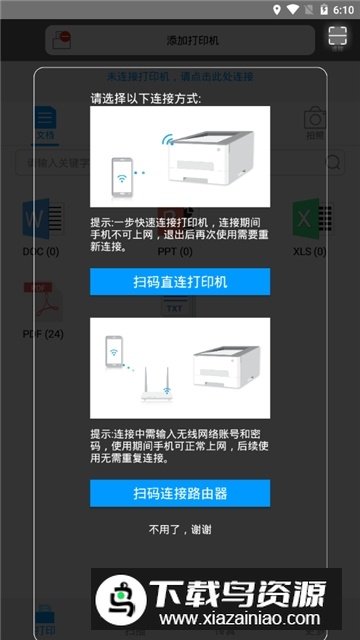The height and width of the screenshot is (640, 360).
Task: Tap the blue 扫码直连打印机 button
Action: click(180, 282)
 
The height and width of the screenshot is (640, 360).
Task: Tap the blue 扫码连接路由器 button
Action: click(180, 493)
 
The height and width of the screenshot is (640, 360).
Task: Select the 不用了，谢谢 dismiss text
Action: click(180, 529)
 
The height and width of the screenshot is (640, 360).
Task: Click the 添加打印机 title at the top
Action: click(192, 40)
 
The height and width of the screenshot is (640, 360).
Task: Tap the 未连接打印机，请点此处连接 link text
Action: click(180, 76)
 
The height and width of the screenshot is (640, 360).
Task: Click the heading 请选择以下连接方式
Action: click(145, 99)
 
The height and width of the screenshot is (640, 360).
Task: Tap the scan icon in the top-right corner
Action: click(336, 39)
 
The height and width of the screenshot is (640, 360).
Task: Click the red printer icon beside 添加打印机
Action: click(63, 40)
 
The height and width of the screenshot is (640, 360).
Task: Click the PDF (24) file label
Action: click(43, 332)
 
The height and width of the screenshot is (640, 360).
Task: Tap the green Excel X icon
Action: click(306, 217)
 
